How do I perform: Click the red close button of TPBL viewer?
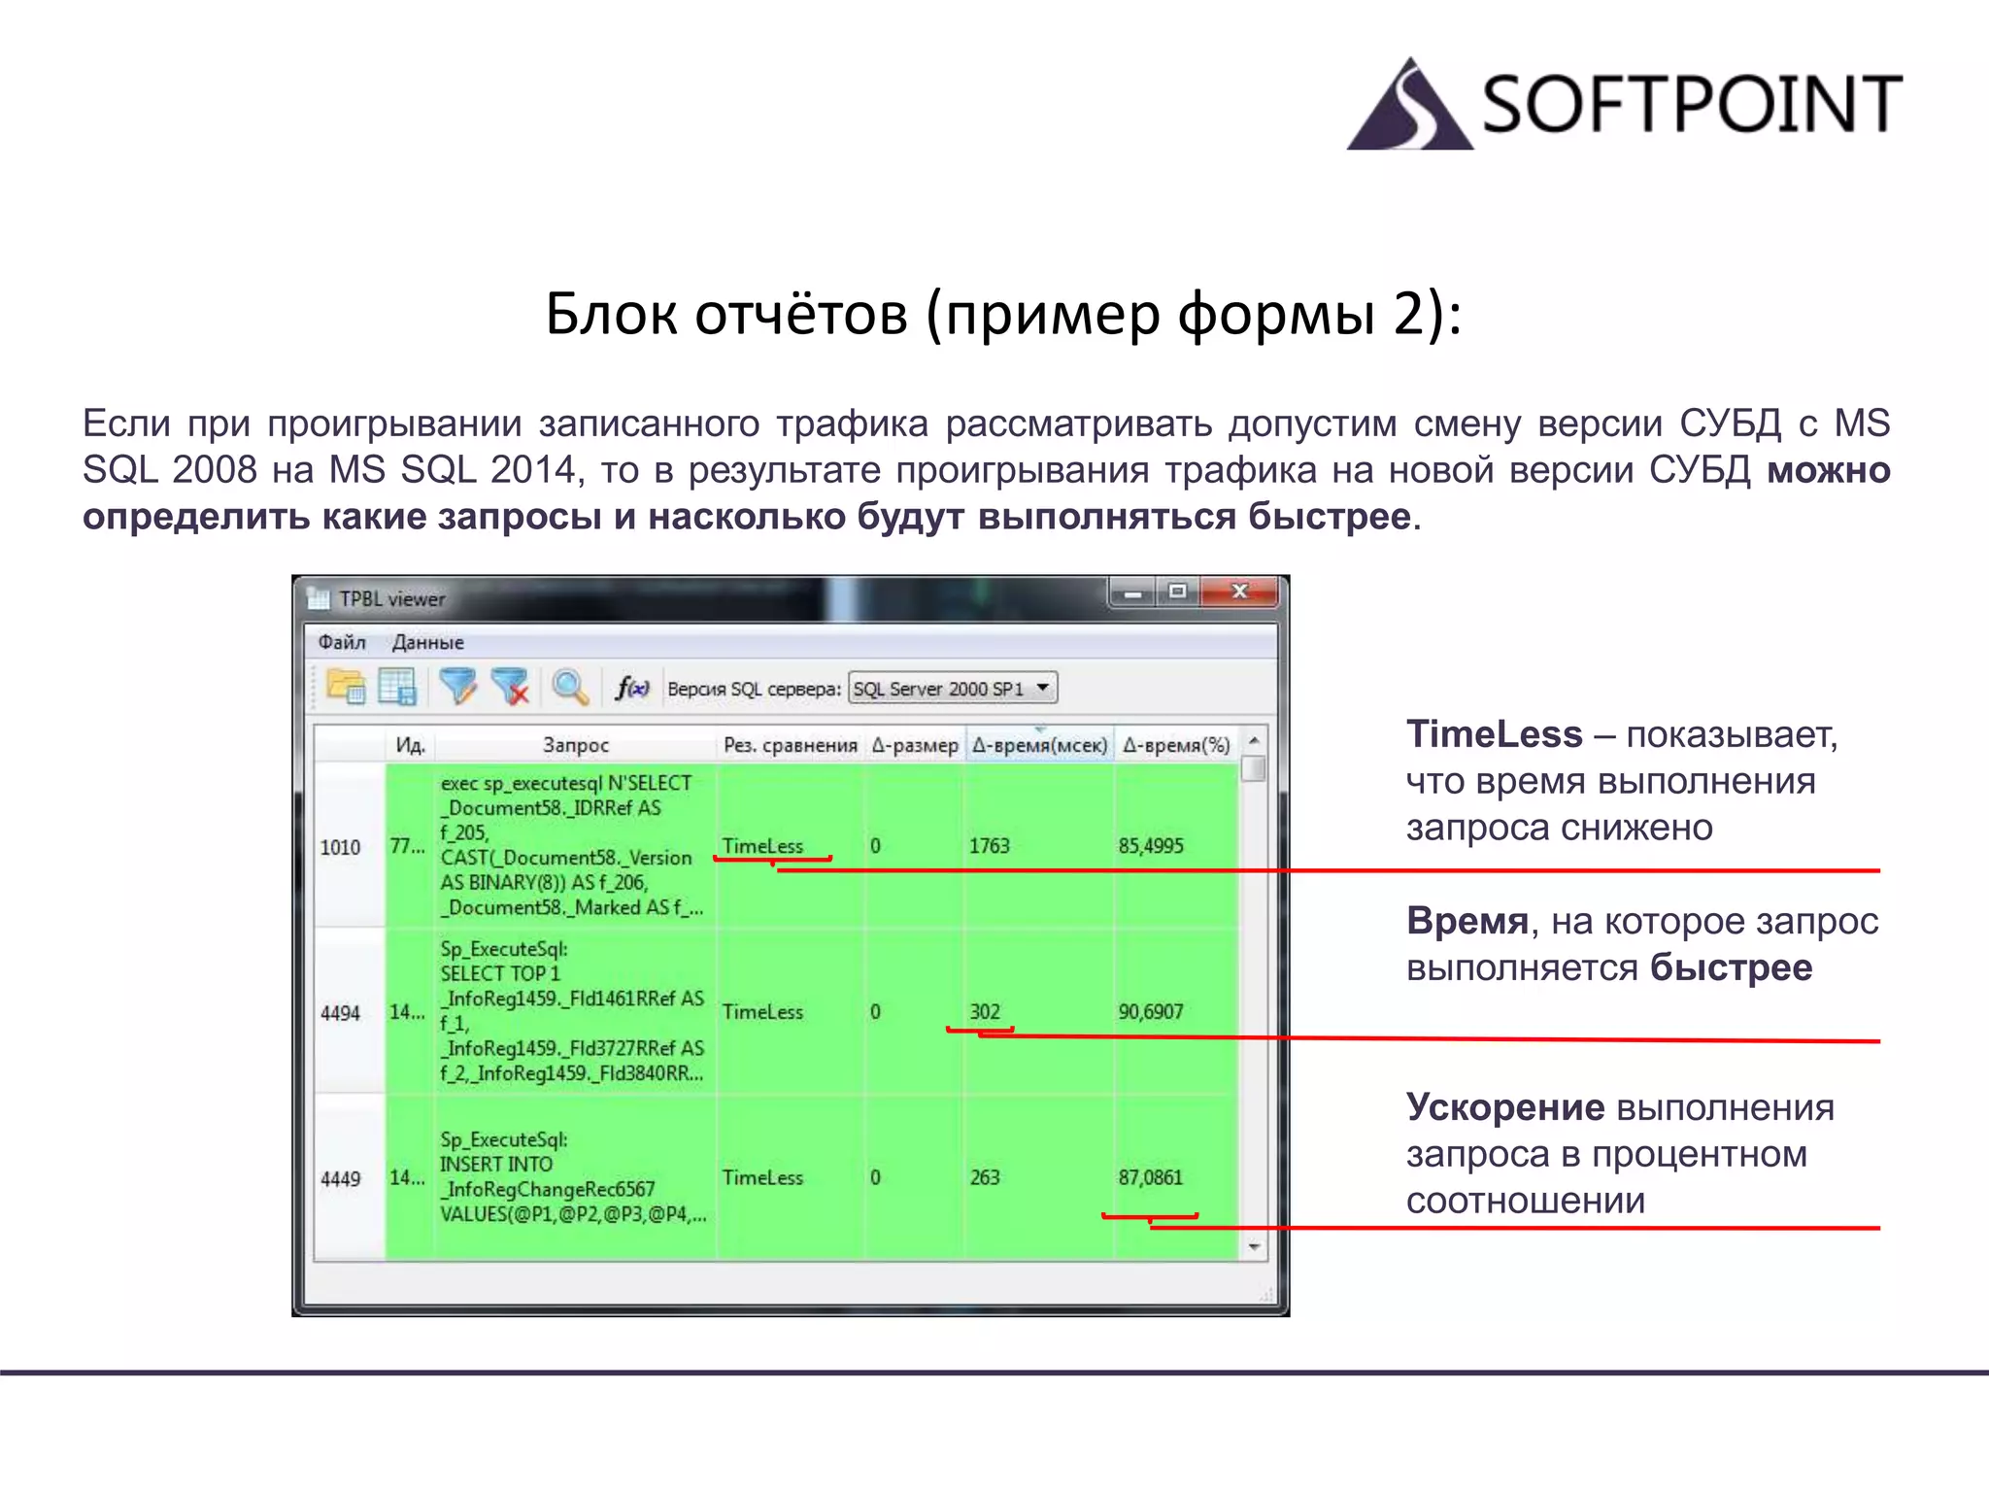(1239, 592)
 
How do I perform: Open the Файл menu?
(342, 642)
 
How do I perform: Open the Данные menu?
(427, 642)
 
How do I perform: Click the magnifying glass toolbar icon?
(570, 688)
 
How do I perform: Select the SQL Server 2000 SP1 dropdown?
(952, 689)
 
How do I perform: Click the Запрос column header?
(575, 745)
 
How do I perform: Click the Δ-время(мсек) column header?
(1039, 745)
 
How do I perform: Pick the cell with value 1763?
(989, 846)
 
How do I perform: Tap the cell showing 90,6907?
(1150, 1012)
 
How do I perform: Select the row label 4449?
(340, 1179)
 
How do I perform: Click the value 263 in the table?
(985, 1177)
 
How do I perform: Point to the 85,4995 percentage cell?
(1150, 846)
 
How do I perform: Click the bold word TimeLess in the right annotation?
(1494, 734)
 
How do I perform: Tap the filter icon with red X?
(510, 687)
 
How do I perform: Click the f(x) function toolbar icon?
(631, 688)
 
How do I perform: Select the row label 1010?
(340, 847)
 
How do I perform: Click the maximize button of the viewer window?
(1178, 592)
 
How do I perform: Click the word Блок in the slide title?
(610, 315)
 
